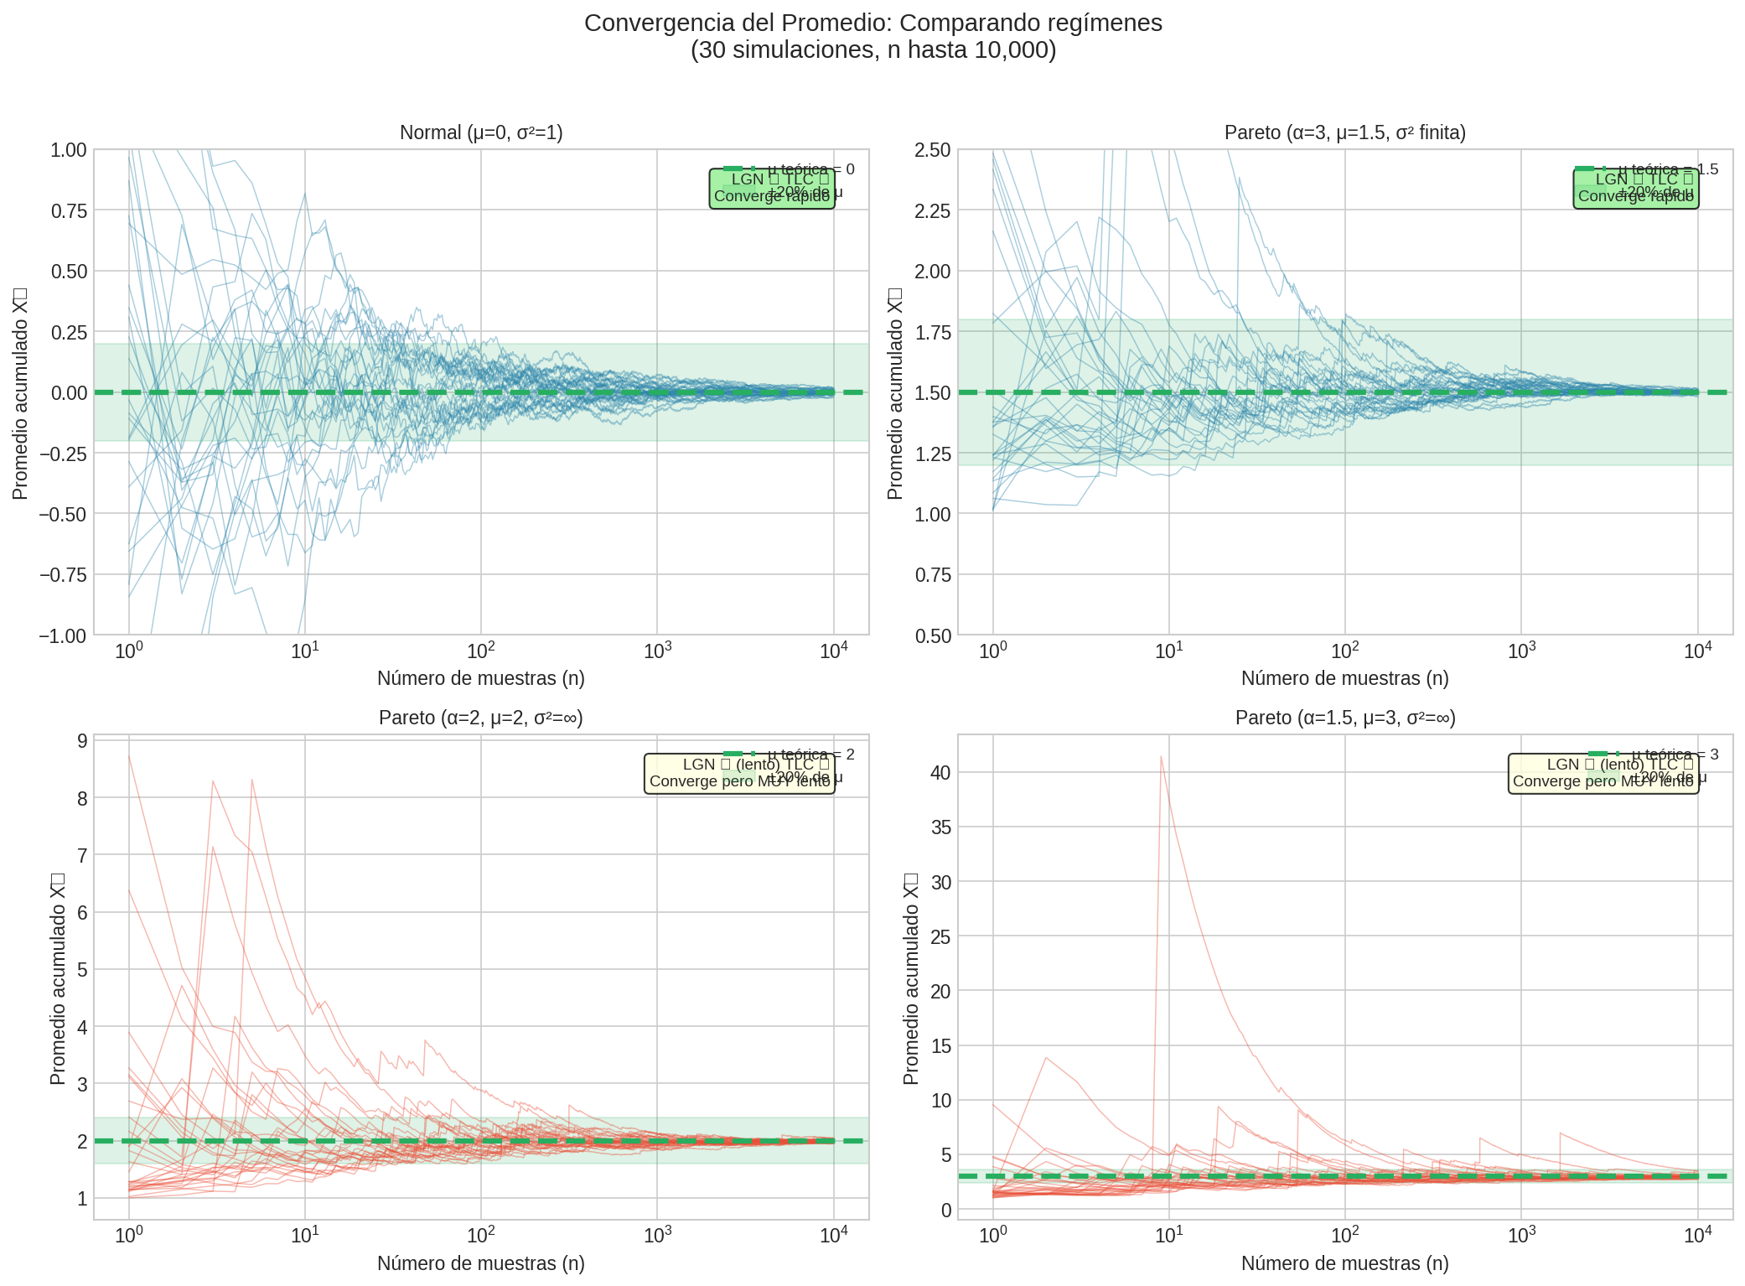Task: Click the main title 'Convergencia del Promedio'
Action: coord(872,23)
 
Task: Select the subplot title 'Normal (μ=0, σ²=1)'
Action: coord(481,132)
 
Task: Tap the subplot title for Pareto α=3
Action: coord(1344,132)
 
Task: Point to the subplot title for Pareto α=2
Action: coord(481,718)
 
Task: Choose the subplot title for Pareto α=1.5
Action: coord(1344,718)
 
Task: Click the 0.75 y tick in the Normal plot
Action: coord(69,210)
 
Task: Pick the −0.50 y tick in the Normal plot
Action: coord(63,514)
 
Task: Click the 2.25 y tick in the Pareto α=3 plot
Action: coord(933,210)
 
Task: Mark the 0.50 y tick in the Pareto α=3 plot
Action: coord(933,635)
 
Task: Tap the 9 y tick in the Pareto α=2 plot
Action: coord(82,740)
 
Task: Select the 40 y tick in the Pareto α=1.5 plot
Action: coord(941,772)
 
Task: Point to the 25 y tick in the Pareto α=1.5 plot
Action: coord(941,936)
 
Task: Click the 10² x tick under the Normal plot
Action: coord(480,651)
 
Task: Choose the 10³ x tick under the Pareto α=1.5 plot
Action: coord(1521,1236)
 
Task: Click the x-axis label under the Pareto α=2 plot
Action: coord(481,1263)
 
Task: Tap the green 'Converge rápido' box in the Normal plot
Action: coord(772,189)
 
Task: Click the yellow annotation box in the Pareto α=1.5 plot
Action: coord(1603,774)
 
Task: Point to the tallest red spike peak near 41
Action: coord(1161,756)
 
